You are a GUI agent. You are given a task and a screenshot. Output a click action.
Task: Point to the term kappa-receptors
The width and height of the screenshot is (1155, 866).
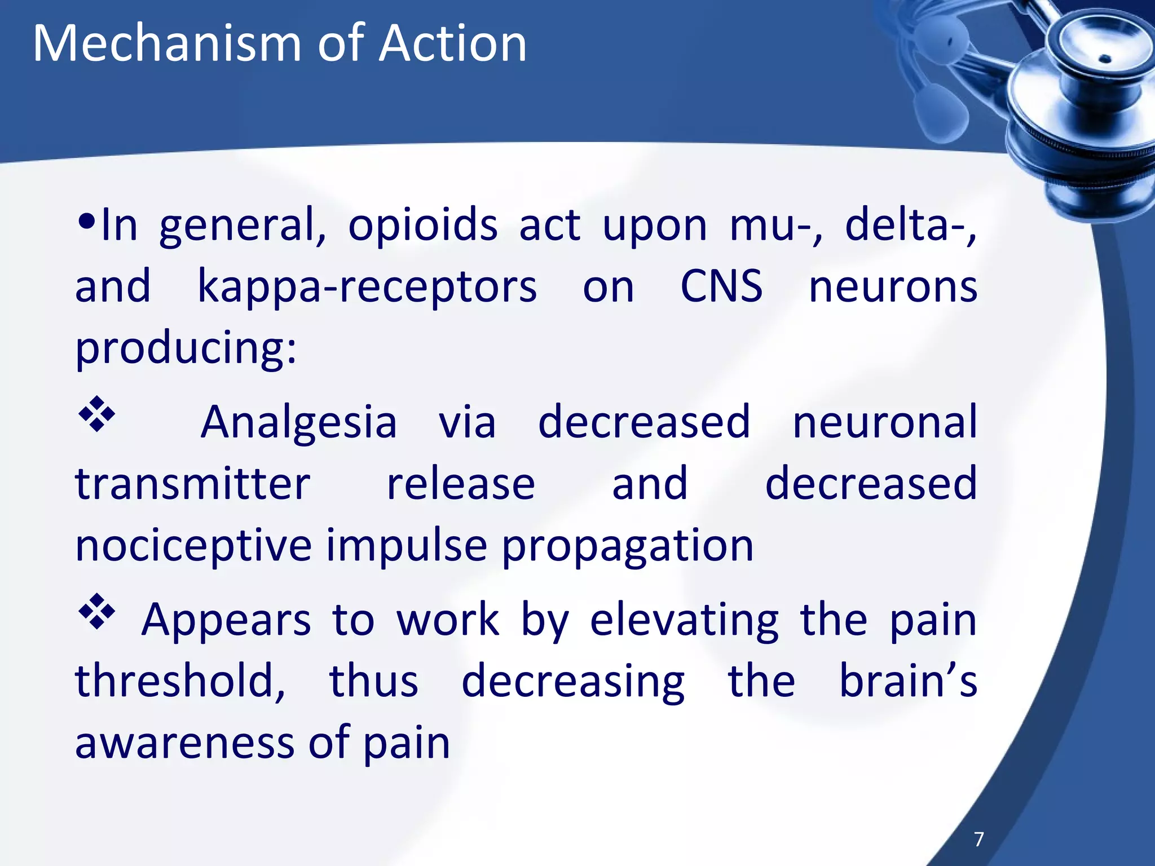coord(367,287)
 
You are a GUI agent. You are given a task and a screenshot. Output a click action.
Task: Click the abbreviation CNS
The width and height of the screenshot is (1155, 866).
coord(721,286)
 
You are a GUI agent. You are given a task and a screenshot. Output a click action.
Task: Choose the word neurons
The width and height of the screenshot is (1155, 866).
coord(893,287)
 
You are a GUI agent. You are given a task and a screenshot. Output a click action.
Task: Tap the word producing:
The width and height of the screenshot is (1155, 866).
coord(186,349)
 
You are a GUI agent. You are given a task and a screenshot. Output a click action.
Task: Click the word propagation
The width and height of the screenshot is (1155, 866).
coord(627,547)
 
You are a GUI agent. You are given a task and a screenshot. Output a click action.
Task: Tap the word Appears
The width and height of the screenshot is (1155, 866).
coord(226,620)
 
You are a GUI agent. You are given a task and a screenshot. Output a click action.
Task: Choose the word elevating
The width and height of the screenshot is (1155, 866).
coord(684,621)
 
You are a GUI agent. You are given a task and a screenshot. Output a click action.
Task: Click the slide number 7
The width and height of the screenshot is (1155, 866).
coord(979,839)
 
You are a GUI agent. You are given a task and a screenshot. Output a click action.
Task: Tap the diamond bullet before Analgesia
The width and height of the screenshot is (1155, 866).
coord(96,414)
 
